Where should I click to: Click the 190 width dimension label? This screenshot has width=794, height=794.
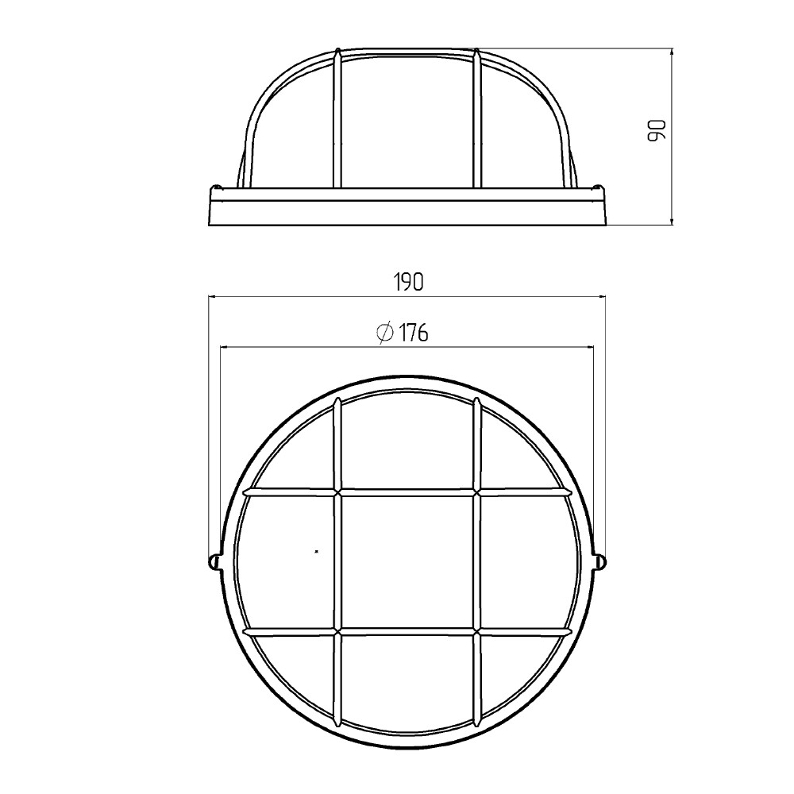point(408,282)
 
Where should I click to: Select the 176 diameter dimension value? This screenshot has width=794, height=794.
point(413,333)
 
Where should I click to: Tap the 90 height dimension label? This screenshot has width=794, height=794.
point(657,131)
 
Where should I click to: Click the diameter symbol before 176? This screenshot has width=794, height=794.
point(385,333)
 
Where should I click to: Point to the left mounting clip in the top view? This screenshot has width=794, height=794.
point(214,561)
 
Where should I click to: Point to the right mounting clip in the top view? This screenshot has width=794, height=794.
point(600,561)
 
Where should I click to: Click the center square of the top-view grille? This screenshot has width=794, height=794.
point(407,561)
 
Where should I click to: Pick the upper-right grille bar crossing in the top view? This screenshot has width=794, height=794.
point(477,491)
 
